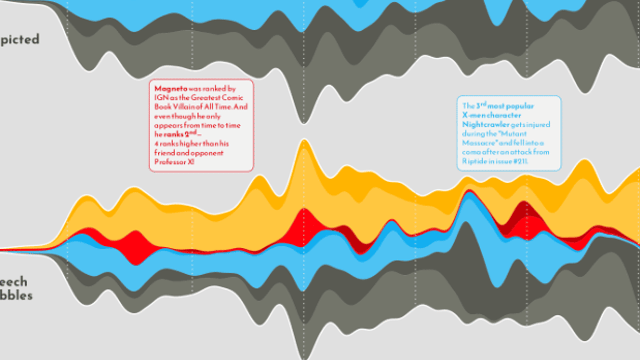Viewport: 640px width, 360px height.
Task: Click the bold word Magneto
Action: coord(171,89)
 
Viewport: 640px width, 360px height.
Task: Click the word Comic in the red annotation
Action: coord(233,98)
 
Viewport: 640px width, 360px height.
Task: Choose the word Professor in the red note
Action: coord(170,162)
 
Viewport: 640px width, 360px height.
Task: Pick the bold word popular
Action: coord(520,106)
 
